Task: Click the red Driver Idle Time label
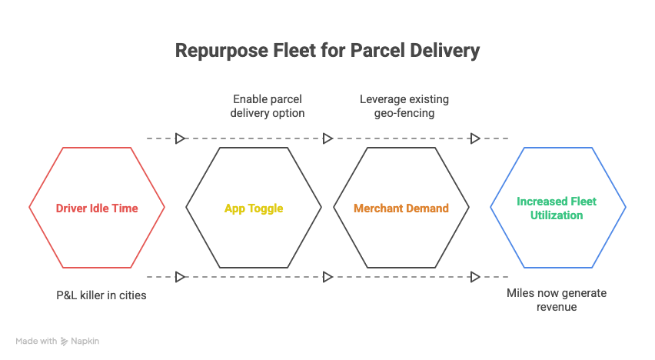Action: tap(97, 208)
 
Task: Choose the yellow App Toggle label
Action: tap(254, 208)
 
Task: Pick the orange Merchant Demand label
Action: tap(401, 208)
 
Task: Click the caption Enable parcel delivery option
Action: tap(267, 106)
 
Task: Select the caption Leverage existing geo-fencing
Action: tap(404, 106)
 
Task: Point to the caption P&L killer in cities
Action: tap(100, 295)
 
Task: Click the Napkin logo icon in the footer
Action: tap(65, 341)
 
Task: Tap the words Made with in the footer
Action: tap(36, 341)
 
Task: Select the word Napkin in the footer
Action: tap(85, 341)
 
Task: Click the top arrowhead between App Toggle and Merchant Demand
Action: tap(328, 138)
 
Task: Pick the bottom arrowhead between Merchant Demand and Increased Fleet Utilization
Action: tap(476, 276)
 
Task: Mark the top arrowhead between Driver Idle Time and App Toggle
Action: tap(181, 138)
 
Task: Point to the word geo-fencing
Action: tap(404, 112)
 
